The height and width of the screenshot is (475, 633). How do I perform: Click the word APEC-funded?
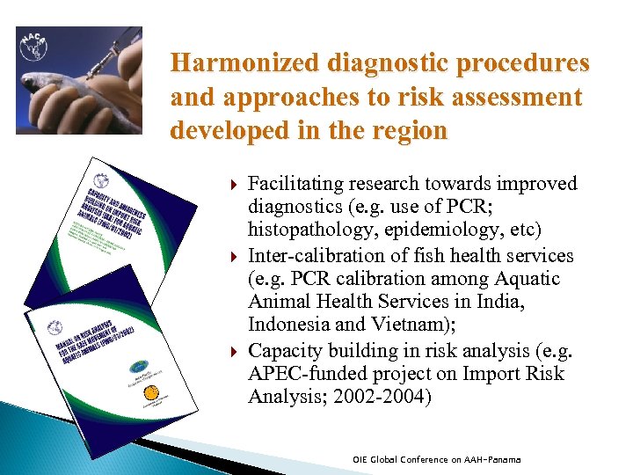(302, 374)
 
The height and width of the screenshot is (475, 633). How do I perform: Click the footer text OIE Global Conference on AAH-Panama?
(436, 459)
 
